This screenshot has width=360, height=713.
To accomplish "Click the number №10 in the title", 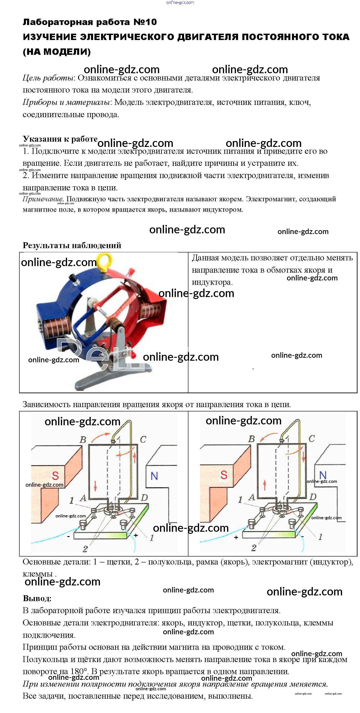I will tap(145, 22).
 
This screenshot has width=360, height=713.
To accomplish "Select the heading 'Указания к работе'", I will tap(60, 139).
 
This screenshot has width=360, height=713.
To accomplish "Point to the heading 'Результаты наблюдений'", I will tap(72, 245).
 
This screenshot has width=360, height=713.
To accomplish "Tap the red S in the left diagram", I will tap(55, 476).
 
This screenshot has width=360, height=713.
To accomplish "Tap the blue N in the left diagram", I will tap(154, 476).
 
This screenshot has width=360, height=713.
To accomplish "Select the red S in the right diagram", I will tap(224, 475).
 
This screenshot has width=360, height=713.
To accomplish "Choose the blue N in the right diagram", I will tap(323, 475).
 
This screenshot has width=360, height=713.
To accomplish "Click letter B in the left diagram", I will tap(83, 440).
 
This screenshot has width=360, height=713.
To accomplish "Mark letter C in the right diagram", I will tap(312, 439).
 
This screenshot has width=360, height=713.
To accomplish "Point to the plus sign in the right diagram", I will tap(236, 537).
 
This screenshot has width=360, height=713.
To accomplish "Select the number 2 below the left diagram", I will tap(85, 549).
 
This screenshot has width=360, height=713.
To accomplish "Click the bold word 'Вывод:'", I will tap(37, 598).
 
